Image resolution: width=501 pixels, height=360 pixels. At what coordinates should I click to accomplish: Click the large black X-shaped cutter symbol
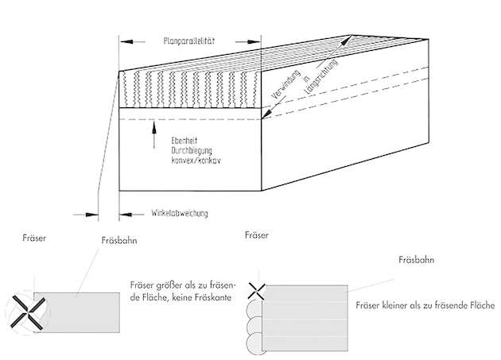click(x=25, y=309)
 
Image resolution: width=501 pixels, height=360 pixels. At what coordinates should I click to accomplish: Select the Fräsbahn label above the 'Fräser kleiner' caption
click(x=417, y=259)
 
